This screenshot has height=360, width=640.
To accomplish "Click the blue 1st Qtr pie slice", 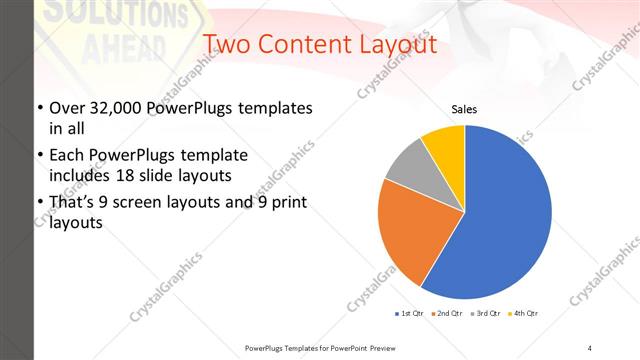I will (500, 215).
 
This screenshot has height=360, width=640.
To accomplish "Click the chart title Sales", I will (464, 109).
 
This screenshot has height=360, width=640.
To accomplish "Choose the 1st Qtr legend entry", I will (409, 314).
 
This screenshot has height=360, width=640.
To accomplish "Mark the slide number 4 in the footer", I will (590, 347).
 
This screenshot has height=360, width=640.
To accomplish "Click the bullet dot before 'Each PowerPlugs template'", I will (39, 156).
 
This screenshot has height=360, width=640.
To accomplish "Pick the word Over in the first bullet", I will (66, 108).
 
